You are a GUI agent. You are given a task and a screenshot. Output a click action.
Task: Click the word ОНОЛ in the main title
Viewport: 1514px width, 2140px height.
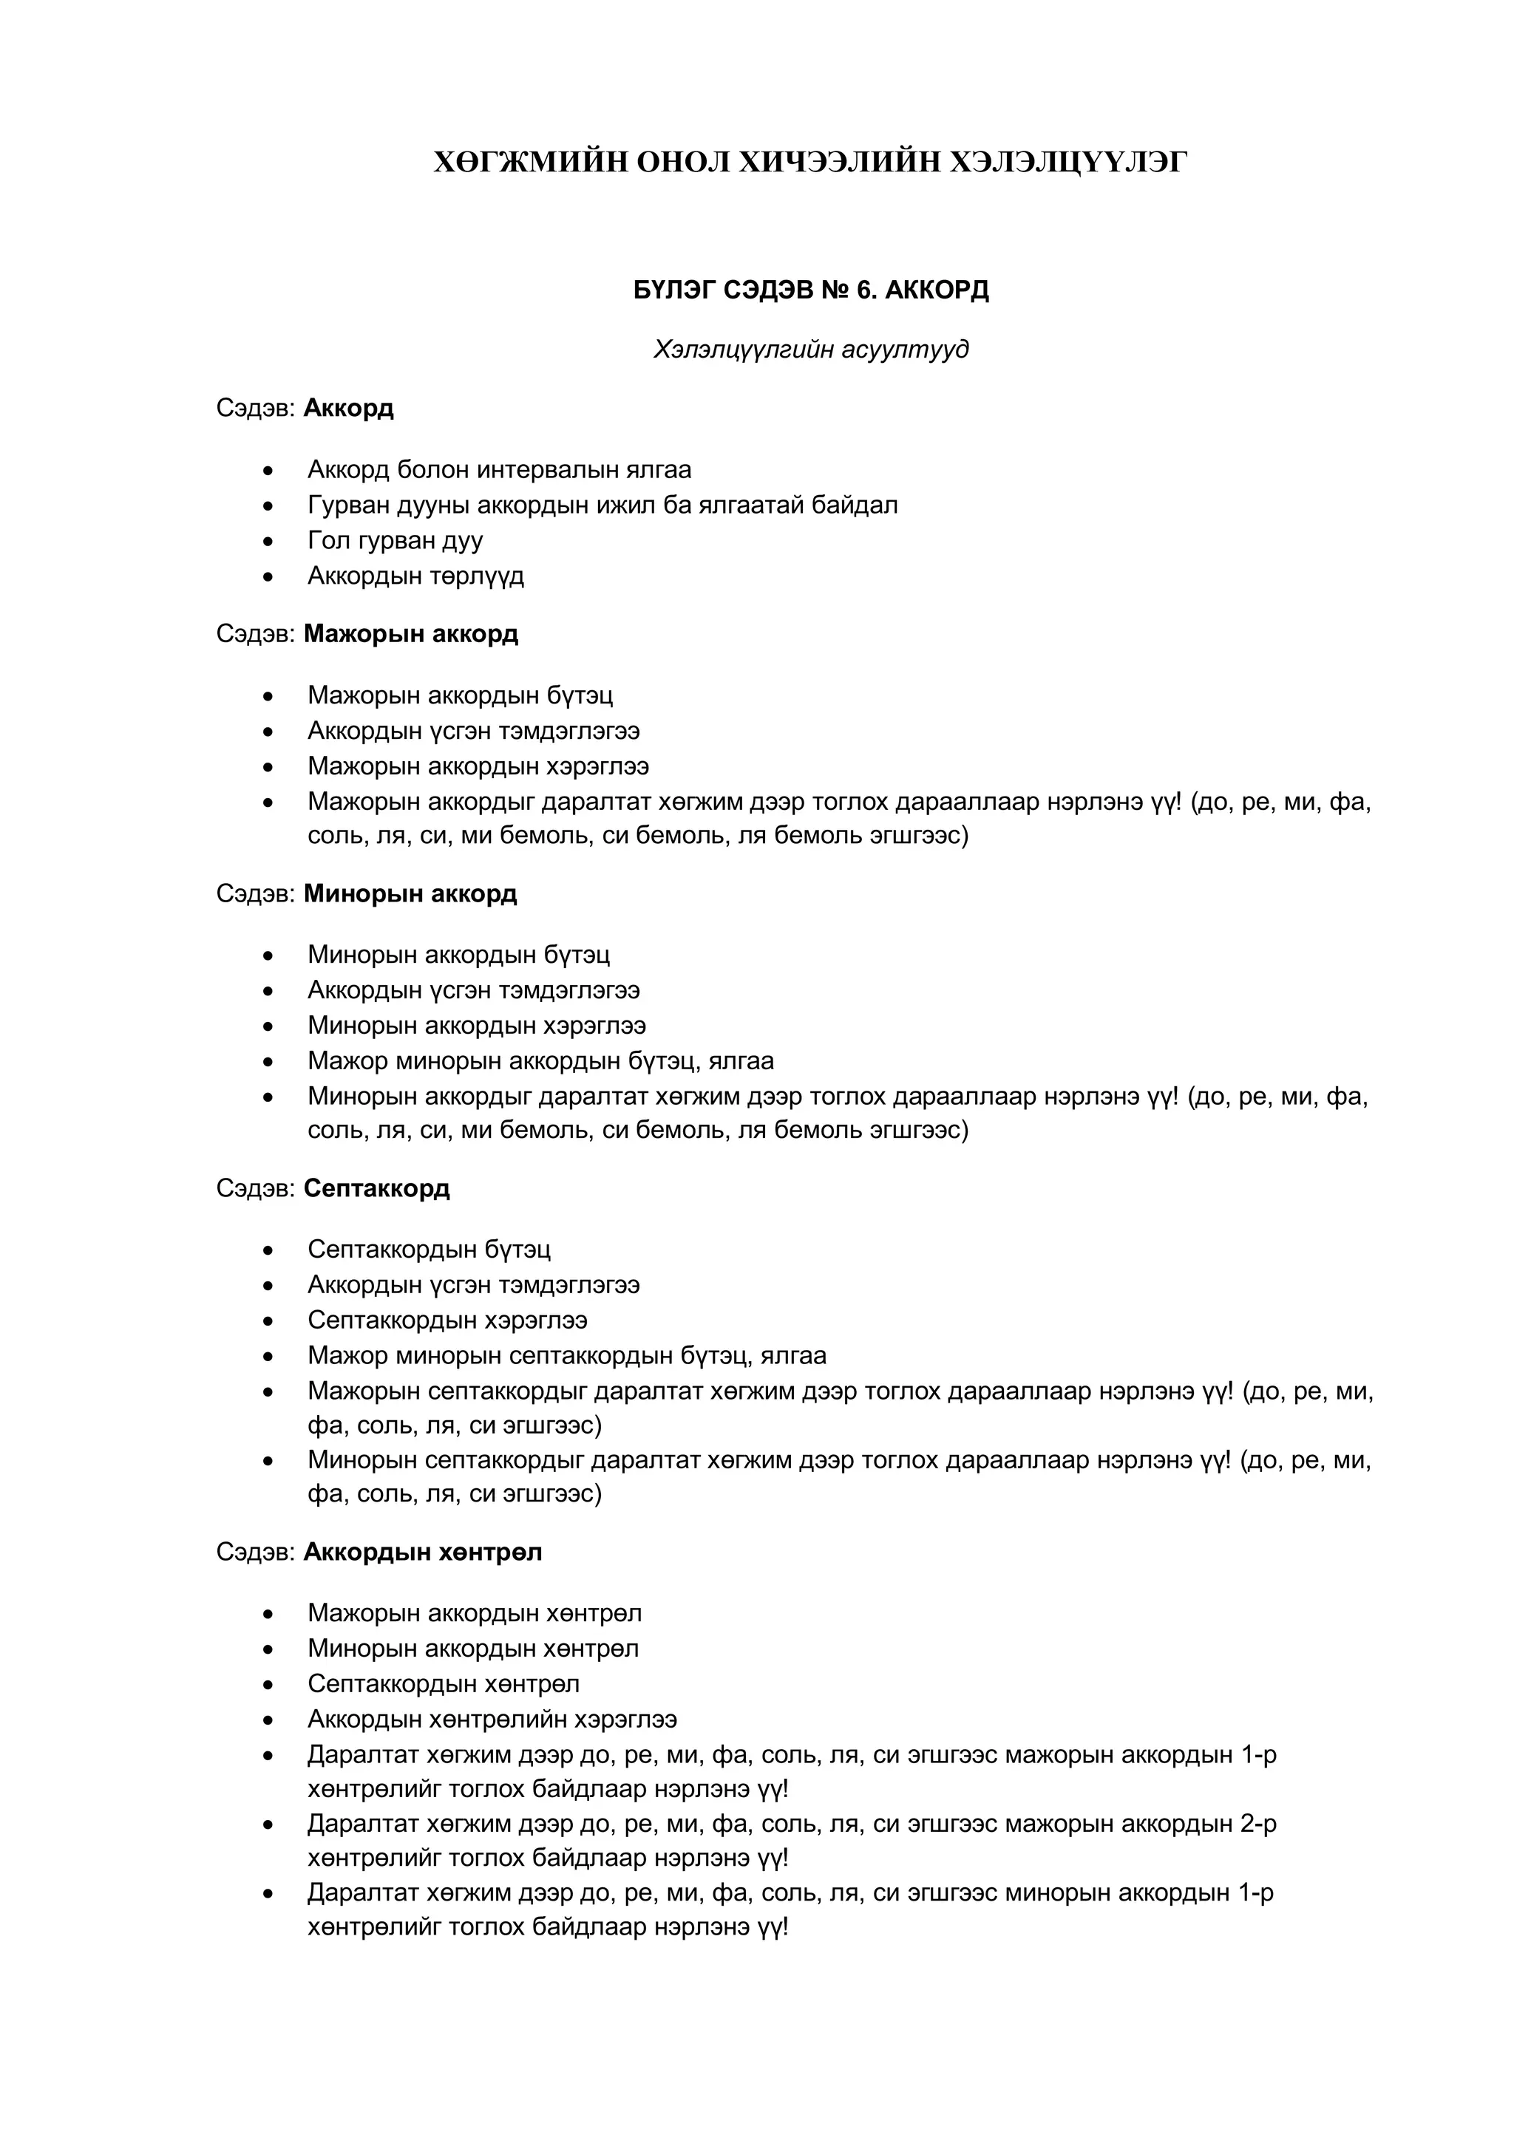[683, 163]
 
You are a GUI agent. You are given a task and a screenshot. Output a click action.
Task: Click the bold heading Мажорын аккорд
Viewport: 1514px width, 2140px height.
[410, 634]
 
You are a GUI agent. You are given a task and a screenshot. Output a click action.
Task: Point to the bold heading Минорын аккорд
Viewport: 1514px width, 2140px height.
[410, 894]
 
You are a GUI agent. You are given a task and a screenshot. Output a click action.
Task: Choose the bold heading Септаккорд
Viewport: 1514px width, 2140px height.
[376, 1188]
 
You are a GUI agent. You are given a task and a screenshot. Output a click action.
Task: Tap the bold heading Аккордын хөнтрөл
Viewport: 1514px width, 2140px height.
[422, 1552]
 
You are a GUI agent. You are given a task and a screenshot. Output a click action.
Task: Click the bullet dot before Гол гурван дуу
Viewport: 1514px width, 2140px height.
[268, 541]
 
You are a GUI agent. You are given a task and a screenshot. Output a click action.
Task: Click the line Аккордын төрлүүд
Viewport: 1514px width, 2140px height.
[415, 576]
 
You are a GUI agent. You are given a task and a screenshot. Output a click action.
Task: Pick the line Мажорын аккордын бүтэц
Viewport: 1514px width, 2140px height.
[461, 695]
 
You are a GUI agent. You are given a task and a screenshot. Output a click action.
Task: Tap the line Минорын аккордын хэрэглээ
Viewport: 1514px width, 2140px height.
[476, 1025]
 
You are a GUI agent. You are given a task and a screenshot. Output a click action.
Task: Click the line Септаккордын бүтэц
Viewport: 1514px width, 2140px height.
[429, 1249]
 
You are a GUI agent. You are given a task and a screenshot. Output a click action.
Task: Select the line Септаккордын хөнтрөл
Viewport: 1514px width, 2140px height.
[444, 1683]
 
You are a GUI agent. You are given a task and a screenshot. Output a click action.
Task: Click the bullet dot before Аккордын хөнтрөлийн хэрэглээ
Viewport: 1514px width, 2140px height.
[268, 1720]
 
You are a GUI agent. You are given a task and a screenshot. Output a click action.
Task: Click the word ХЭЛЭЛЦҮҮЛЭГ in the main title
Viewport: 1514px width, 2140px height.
[1067, 163]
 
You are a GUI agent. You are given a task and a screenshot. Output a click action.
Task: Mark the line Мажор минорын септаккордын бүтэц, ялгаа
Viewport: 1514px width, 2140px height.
[567, 1355]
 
